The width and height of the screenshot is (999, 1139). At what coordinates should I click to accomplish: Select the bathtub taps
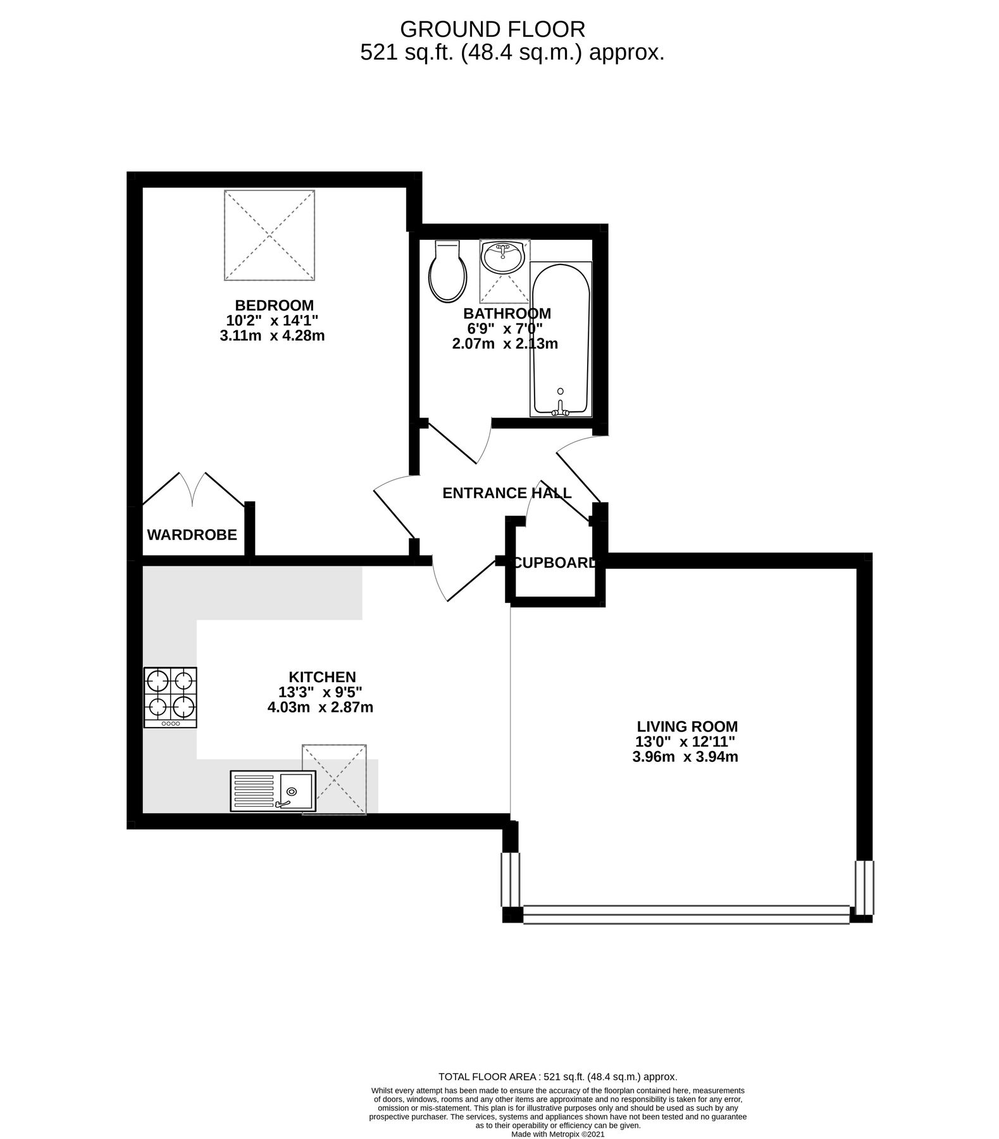pyautogui.click(x=560, y=411)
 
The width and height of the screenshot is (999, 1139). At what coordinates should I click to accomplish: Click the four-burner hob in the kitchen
pyautogui.click(x=170, y=697)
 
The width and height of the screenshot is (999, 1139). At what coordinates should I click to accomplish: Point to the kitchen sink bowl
pyautogui.click(x=295, y=790)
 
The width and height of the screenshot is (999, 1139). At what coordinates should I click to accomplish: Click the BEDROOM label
pyautogui.click(x=274, y=305)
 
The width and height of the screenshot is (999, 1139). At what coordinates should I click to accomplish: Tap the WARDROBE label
pyautogui.click(x=192, y=535)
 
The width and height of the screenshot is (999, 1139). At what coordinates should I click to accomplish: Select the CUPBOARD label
pyautogui.click(x=554, y=563)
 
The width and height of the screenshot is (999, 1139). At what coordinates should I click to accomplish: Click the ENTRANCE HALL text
pyautogui.click(x=507, y=493)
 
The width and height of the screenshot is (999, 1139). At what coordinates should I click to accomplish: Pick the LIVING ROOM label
pyautogui.click(x=686, y=726)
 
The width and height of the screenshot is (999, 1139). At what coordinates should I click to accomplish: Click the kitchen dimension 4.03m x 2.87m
pyautogui.click(x=320, y=707)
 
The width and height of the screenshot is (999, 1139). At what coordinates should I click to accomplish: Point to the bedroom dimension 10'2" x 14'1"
pyautogui.click(x=273, y=320)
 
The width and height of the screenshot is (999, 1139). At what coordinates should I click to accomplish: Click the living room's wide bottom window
pyautogui.click(x=686, y=914)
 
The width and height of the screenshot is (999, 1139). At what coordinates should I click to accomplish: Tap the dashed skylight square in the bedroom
pyautogui.click(x=270, y=235)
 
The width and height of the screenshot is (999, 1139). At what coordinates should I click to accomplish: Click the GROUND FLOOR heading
pyautogui.click(x=493, y=29)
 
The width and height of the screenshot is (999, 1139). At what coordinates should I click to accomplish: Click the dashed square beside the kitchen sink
pyautogui.click(x=335, y=779)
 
